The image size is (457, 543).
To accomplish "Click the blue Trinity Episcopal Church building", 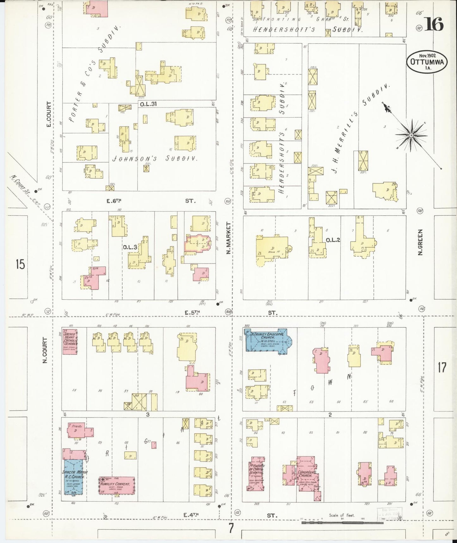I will pyautogui.click(x=266, y=341).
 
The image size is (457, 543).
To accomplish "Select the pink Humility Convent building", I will pyautogui.click(x=117, y=485).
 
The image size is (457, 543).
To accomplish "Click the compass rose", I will pyautogui.click(x=411, y=135).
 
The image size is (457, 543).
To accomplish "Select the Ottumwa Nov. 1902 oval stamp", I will pyautogui.click(x=427, y=62).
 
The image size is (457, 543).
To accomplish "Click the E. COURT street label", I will pyautogui.click(x=48, y=114).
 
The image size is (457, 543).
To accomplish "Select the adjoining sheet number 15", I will pyautogui.click(x=21, y=264).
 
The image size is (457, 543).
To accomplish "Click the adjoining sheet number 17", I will pyautogui.click(x=442, y=367).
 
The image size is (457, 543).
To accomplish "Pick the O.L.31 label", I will pyautogui.click(x=148, y=104).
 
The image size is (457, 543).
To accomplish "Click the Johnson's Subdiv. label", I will pyautogui.click(x=155, y=159).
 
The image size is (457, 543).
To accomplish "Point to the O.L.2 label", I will pyautogui.click(x=333, y=240).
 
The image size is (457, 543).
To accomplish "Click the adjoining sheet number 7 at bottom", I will pyautogui.click(x=231, y=528).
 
